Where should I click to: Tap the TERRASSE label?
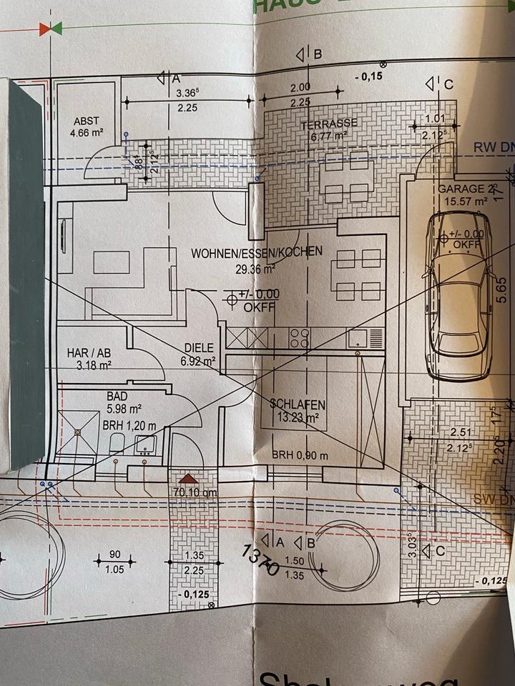click(329, 123)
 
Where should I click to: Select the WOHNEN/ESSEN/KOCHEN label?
click(257, 252)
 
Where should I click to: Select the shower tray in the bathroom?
click(77, 432)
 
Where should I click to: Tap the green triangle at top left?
click(57, 28)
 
